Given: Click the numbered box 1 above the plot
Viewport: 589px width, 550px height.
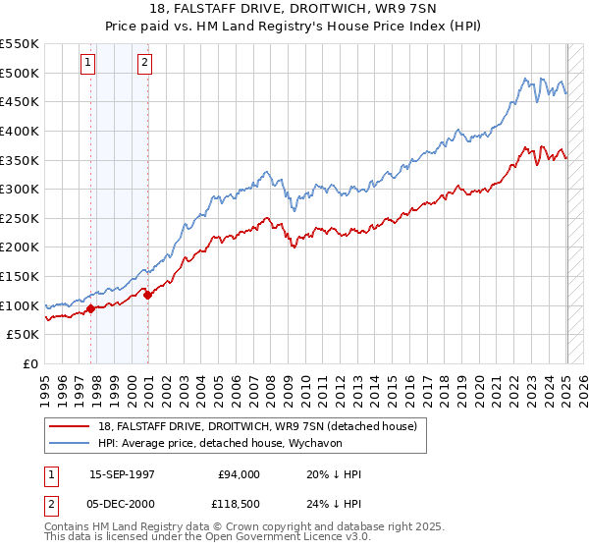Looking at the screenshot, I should [x=88, y=63].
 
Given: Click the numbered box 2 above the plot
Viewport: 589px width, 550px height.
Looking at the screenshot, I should [x=144, y=63].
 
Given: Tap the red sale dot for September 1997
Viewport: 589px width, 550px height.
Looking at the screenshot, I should [x=90, y=308].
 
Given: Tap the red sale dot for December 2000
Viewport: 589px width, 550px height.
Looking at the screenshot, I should [x=147, y=294].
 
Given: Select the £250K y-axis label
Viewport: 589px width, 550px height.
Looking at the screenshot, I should [x=20, y=218].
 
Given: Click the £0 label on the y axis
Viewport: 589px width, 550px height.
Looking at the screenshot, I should [x=30, y=363].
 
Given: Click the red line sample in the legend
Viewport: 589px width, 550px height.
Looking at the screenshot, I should [x=70, y=426].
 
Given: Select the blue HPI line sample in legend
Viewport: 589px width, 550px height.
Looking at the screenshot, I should [x=70, y=442].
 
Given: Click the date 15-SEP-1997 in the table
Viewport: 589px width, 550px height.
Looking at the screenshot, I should [x=122, y=474].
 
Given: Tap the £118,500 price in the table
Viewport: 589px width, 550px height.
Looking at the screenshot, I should [x=239, y=504].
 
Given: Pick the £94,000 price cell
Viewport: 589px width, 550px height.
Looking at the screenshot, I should [x=239, y=474].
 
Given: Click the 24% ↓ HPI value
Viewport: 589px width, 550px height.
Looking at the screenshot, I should [x=335, y=504].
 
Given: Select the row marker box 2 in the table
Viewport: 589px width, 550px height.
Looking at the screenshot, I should [x=49, y=504].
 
